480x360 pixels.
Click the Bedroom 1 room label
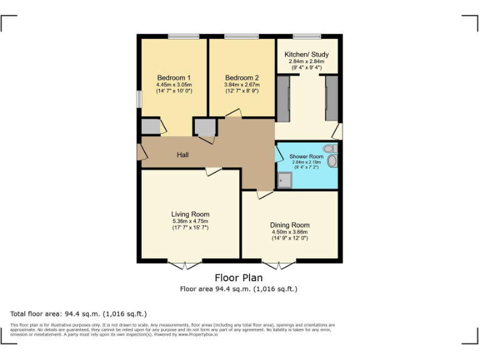[174, 77]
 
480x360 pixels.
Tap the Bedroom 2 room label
[242, 77]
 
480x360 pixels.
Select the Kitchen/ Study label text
[306, 54]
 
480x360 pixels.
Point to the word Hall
[182, 155]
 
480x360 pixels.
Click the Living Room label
[190, 214]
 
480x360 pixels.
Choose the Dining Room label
[289, 225]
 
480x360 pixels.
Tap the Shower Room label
[306, 156]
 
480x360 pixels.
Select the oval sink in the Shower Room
[332, 161]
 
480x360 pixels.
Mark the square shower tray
[284, 180]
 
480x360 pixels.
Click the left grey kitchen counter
[283, 98]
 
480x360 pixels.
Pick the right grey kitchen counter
[331, 98]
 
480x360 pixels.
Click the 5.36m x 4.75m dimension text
[190, 221]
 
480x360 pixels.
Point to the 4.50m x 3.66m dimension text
[289, 232]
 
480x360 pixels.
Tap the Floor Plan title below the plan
[238, 277]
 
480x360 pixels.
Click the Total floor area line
[79, 314]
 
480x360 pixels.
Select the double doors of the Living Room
[185, 265]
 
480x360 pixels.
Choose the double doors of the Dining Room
[279, 265]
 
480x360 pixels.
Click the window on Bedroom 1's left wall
[139, 100]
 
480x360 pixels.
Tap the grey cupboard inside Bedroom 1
[150, 127]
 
